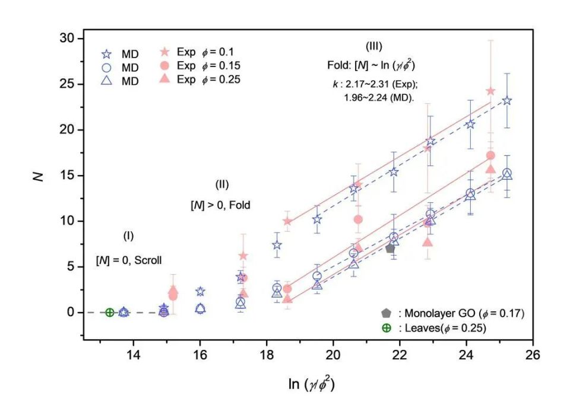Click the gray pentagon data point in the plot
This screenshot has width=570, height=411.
point(390,248)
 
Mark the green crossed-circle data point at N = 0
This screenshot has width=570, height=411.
point(109,312)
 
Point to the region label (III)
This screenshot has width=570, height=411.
point(373,46)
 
